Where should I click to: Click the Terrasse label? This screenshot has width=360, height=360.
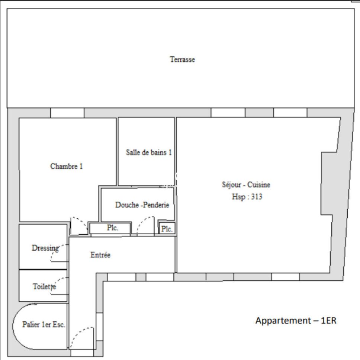183,60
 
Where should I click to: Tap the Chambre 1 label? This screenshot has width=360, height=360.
66,166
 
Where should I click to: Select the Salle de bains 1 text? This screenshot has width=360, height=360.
149,152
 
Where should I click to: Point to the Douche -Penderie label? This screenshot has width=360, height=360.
142,205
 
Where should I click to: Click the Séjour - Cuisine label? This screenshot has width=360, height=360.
246,184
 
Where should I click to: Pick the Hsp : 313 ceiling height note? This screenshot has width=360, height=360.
247,197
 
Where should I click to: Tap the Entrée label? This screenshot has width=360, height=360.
100,255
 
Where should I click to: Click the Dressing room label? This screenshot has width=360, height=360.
45,248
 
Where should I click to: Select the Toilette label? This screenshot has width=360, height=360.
44,286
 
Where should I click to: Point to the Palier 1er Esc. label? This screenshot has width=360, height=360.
44,324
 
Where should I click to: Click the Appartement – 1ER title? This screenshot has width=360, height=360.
296,321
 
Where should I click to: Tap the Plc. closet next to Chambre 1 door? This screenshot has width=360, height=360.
112,228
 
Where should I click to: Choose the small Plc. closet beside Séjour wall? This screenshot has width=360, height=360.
167,229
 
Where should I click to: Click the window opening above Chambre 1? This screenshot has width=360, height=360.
67,113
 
